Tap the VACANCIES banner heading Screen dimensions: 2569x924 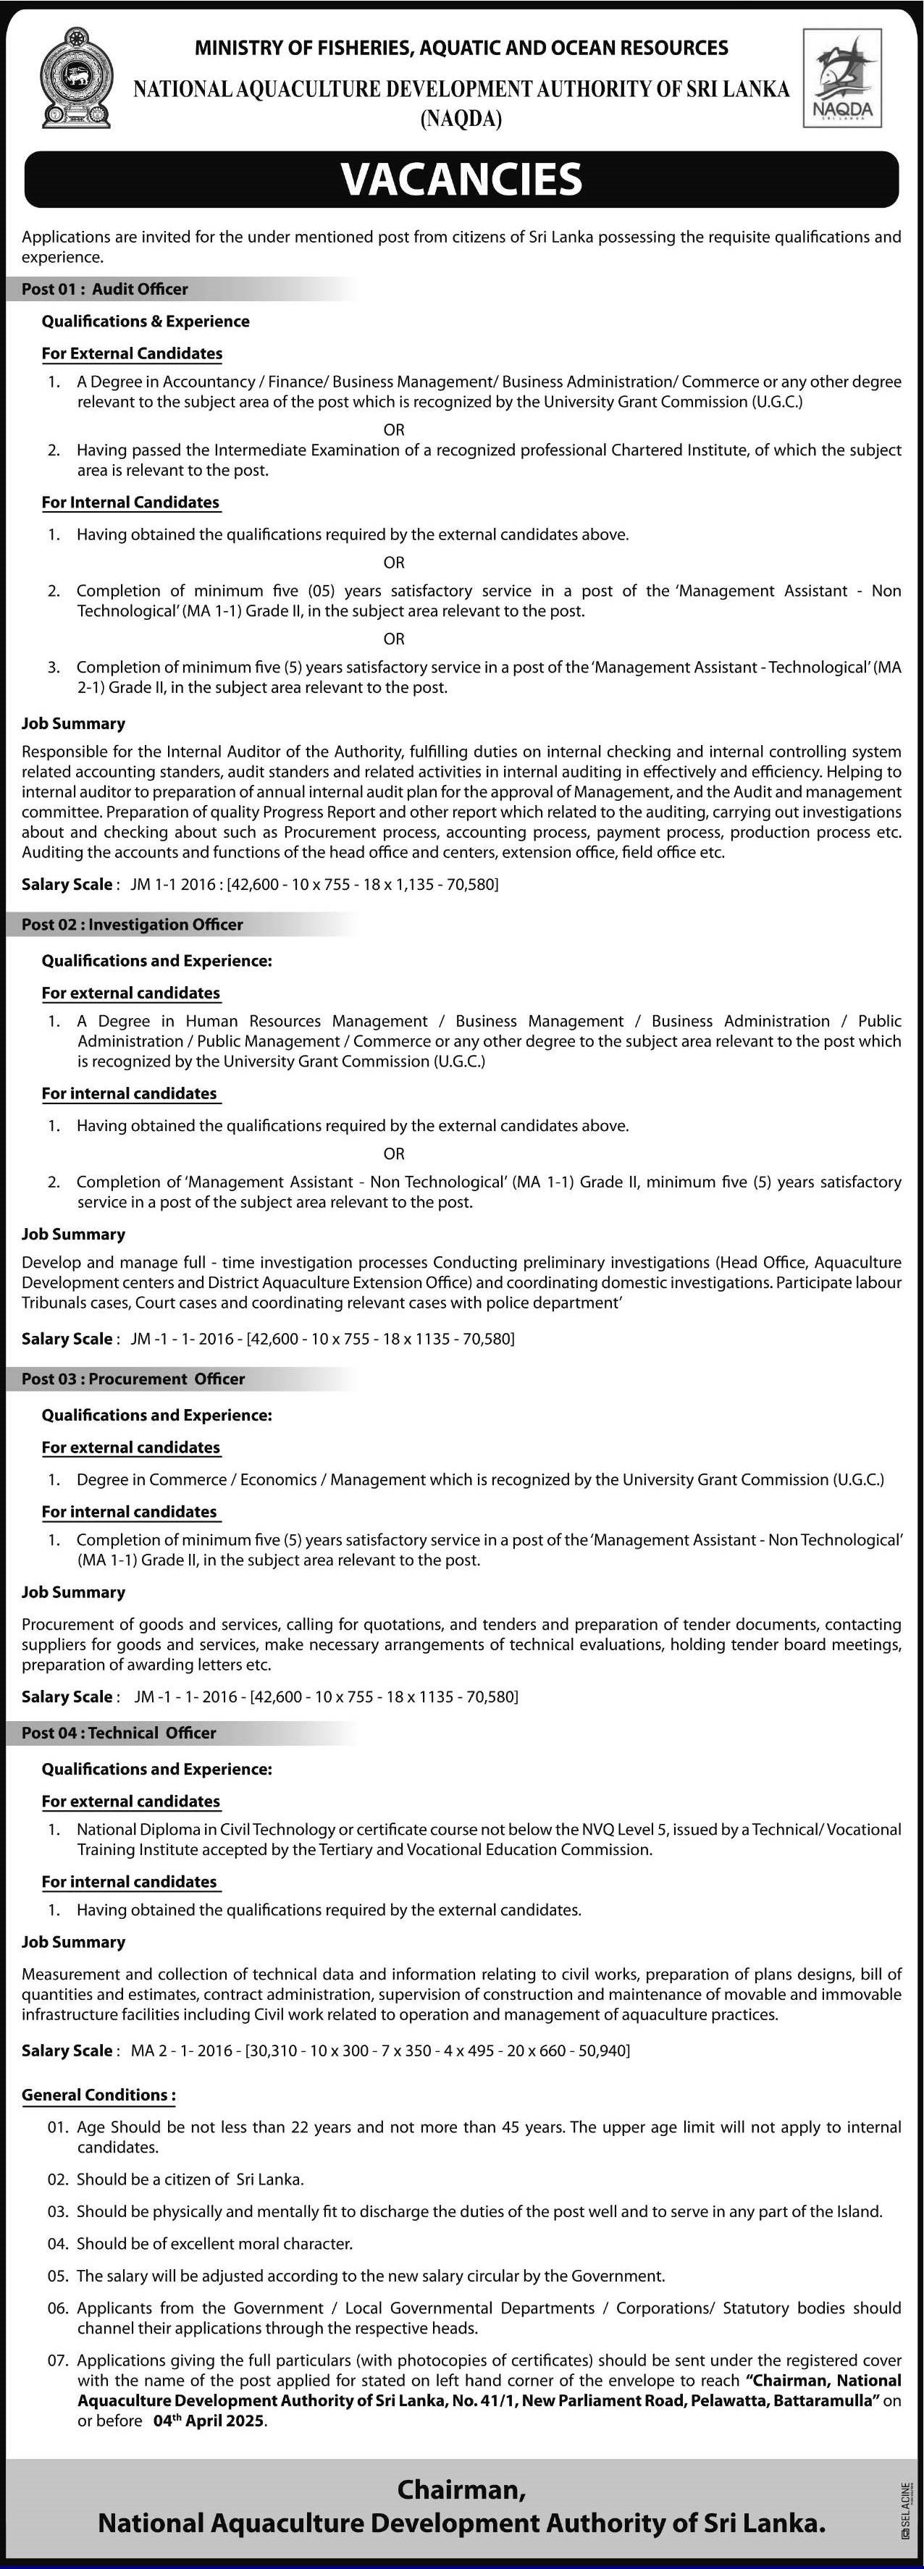[461, 180]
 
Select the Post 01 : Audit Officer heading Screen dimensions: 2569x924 [105, 289]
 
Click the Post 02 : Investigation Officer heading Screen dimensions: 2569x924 [133, 925]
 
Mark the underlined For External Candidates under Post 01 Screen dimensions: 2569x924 [132, 353]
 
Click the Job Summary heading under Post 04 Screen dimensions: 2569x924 [74, 1942]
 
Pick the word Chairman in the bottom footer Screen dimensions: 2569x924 [457, 2489]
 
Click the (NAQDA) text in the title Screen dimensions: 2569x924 [461, 119]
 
